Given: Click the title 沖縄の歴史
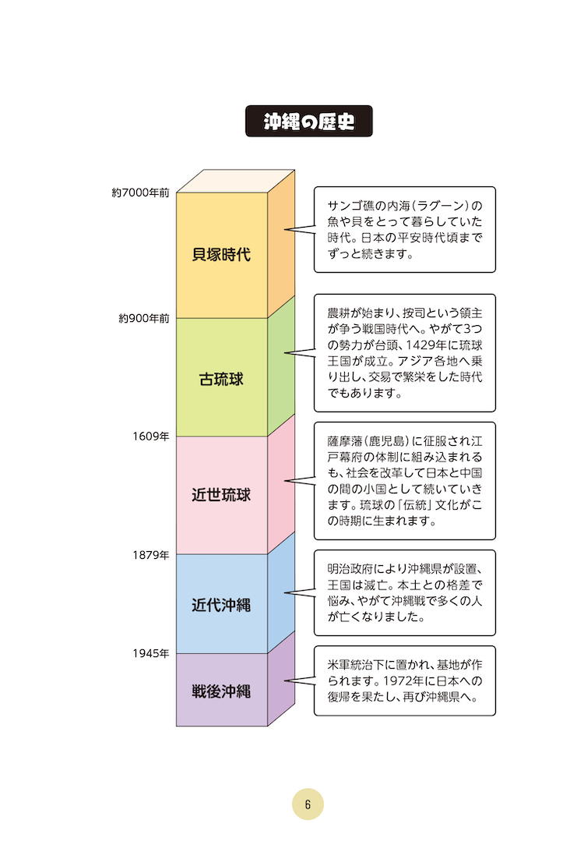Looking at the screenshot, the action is click(x=308, y=121).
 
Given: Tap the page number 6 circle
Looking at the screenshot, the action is click(x=308, y=804).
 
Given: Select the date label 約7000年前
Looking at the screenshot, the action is click(x=141, y=193).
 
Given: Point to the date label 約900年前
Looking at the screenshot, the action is click(x=144, y=318).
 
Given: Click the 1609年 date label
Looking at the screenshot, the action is click(x=151, y=436).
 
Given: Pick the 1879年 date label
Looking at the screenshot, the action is click(x=151, y=555).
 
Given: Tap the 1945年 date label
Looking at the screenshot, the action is click(x=151, y=653).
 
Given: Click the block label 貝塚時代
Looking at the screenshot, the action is click(x=221, y=254).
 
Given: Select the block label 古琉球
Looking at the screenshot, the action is click(x=221, y=379).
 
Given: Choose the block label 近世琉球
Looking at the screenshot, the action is click(x=221, y=495).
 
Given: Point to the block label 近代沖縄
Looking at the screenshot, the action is click(x=221, y=605).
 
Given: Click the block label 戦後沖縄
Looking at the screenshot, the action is click(x=221, y=691).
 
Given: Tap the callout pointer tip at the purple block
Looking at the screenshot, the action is click(x=285, y=681).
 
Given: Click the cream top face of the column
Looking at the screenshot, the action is click(x=235, y=181).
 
